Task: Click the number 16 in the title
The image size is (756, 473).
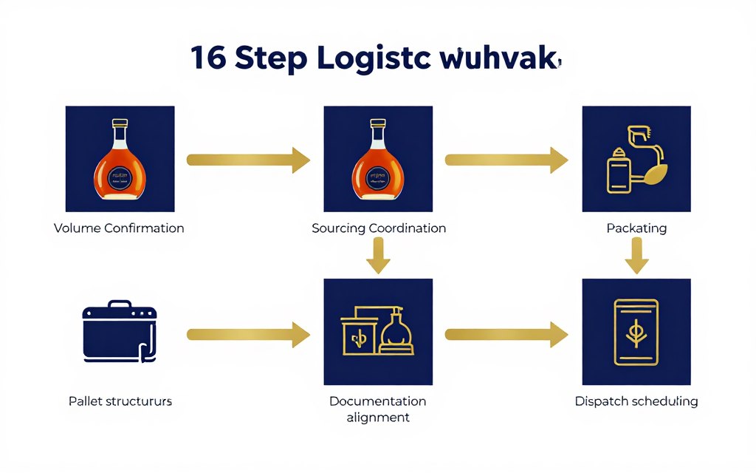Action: [x=207, y=58]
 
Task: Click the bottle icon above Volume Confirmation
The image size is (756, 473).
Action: [x=120, y=160]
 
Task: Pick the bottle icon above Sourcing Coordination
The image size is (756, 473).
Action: [x=378, y=160]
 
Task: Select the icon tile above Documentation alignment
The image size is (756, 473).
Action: [x=378, y=332]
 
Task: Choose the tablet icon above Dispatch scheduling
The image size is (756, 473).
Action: [x=636, y=332]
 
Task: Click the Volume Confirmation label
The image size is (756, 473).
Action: [x=119, y=228]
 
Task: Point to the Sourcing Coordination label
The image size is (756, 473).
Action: [x=379, y=228]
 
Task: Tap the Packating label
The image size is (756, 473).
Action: [x=636, y=228]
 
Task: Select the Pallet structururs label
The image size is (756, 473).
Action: [x=120, y=401]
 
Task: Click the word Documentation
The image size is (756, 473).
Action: [x=378, y=401]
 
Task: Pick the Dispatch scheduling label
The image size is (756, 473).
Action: [x=636, y=401]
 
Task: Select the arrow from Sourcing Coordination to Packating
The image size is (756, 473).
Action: [x=506, y=160]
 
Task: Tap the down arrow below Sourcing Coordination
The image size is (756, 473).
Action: [x=378, y=258]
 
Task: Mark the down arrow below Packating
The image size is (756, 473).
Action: [x=636, y=258]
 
